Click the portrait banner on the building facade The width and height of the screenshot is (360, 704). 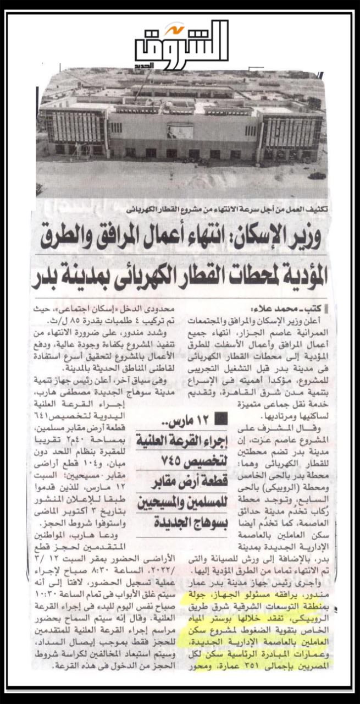180,131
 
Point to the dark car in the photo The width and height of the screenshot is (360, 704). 318,176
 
